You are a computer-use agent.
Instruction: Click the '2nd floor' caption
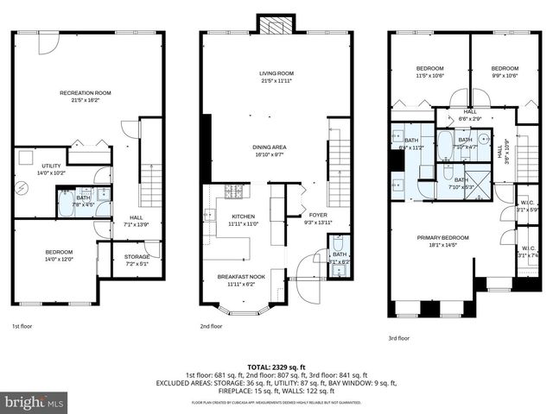pyautogui.click(x=211, y=327)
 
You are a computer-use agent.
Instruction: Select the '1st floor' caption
pyautogui.click(x=23, y=327)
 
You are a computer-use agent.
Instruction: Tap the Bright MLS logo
pyautogui.click(x=35, y=402)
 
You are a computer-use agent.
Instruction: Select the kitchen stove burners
pyautogui.click(x=233, y=191)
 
